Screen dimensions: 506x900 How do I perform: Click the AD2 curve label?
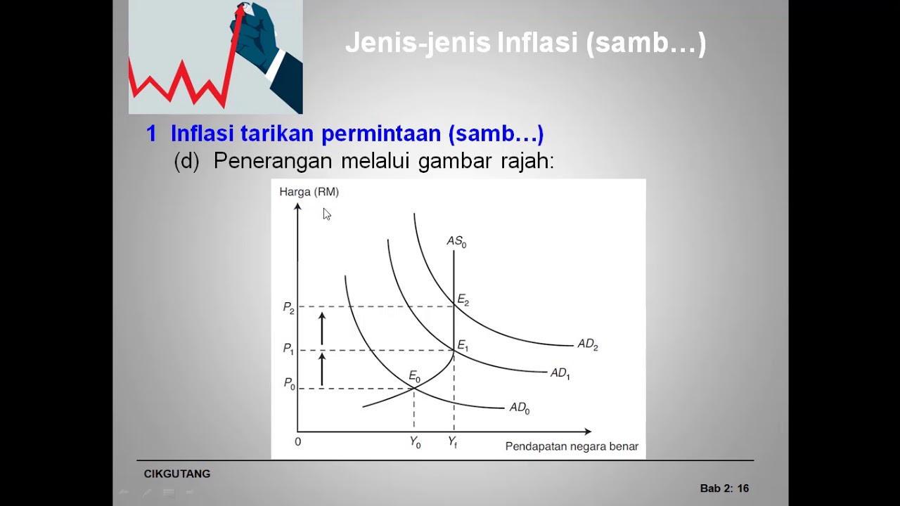(x=587, y=344)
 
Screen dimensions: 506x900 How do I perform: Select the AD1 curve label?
(x=560, y=374)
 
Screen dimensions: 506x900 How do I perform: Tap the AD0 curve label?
(x=519, y=408)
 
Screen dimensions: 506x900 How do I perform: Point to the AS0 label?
(x=456, y=242)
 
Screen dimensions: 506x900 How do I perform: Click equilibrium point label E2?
(x=463, y=300)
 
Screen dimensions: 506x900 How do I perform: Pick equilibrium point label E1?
(x=463, y=345)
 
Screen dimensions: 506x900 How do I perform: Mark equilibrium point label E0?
(x=414, y=378)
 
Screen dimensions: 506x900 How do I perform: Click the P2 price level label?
(x=288, y=308)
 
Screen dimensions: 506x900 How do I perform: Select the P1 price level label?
(x=288, y=349)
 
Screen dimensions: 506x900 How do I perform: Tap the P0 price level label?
(x=289, y=384)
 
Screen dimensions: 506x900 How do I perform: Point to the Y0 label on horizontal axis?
(x=415, y=443)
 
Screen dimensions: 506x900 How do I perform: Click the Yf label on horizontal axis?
(x=453, y=443)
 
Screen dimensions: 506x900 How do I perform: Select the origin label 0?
(x=297, y=442)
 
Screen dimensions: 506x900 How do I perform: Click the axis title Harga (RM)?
(x=309, y=192)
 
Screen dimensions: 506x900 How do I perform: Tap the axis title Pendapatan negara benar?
(x=572, y=446)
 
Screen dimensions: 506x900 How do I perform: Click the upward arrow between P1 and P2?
(x=322, y=328)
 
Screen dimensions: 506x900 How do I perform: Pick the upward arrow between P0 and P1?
(x=322, y=369)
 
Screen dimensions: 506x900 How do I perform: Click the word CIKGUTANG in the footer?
(x=177, y=474)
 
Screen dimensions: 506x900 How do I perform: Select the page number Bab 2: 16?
(x=724, y=488)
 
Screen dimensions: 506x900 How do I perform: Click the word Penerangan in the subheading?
(x=273, y=161)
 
